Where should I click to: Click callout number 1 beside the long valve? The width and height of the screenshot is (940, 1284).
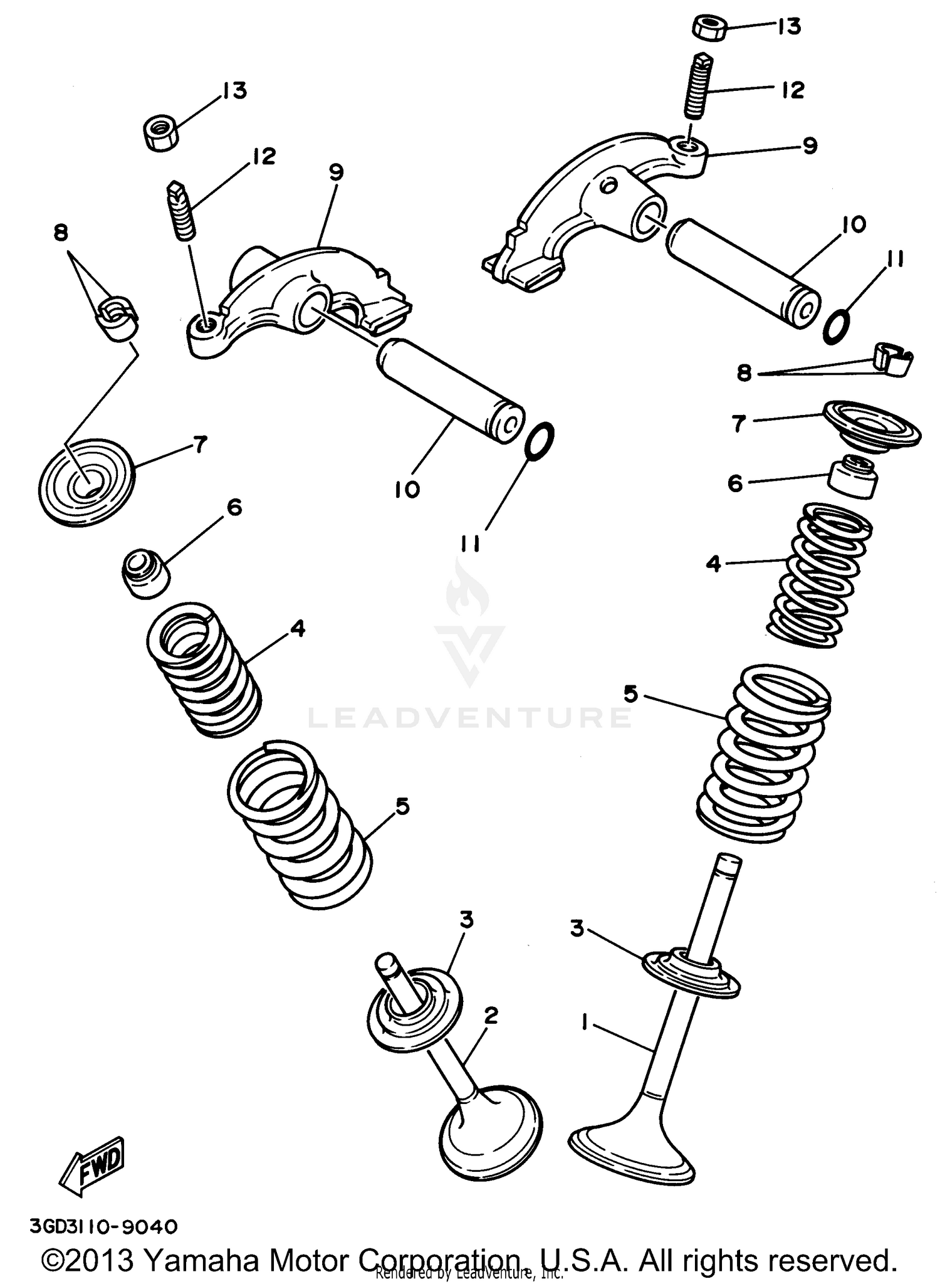(x=585, y=1024)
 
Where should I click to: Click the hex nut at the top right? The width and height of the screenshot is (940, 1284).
(x=711, y=28)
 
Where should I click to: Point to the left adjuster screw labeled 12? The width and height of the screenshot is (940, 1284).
(x=182, y=211)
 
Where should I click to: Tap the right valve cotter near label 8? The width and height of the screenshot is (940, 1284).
(x=892, y=361)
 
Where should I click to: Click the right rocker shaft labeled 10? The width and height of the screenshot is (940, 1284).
(x=742, y=272)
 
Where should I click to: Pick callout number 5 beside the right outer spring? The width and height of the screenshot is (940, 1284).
(x=631, y=695)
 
